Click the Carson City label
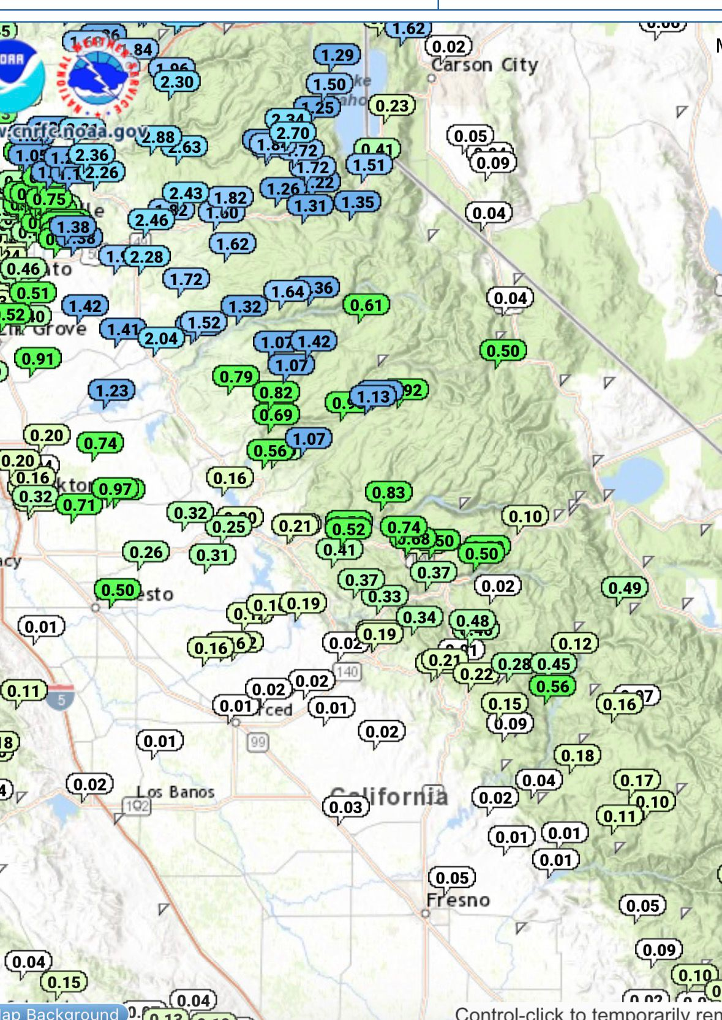click(484, 65)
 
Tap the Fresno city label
click(458, 900)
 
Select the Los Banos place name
click(176, 792)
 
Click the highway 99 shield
click(258, 742)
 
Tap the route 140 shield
click(347, 671)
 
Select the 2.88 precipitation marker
click(159, 137)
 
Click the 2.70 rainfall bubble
click(293, 133)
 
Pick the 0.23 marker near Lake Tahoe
click(392, 106)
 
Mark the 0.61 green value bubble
click(366, 305)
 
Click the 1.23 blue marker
click(112, 390)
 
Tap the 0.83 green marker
click(388, 493)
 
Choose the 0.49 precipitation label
click(624, 588)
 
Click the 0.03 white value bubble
click(346, 807)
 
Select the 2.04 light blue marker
click(161, 338)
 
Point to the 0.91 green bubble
click(38, 359)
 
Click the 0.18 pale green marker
click(577, 756)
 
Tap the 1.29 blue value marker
click(337, 55)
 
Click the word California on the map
click(389, 796)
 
